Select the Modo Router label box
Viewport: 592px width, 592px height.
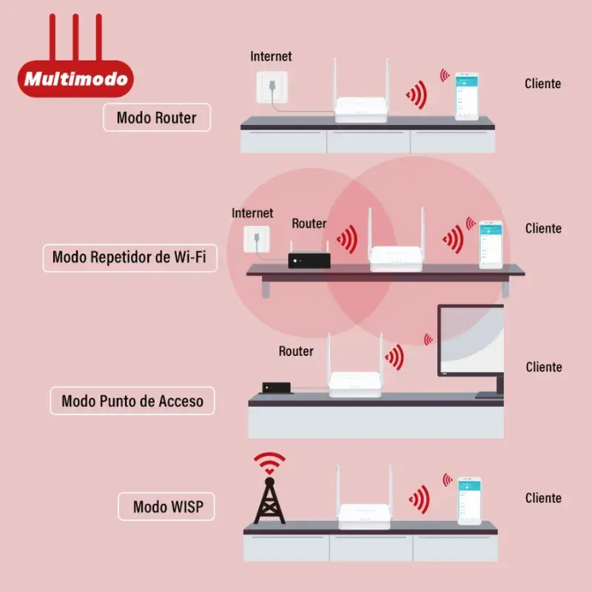coord(157,118)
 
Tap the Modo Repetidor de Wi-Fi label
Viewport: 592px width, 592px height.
coord(130,258)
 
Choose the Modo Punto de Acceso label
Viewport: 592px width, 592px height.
coord(132,400)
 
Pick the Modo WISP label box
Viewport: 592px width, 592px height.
coord(166,506)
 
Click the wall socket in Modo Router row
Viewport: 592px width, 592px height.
coord(272,87)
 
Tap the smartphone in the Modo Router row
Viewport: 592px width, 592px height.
coord(467,96)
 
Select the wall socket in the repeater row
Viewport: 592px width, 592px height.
coord(257,239)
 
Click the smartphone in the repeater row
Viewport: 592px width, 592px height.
coord(491,245)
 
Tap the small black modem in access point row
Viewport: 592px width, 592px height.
coord(276,388)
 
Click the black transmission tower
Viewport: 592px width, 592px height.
coord(269,501)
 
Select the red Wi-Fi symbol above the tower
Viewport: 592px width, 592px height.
coord(269,463)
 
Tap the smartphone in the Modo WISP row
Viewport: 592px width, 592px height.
coord(470,501)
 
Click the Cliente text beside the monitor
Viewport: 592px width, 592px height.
coord(544,367)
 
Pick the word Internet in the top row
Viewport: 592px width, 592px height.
coord(271,57)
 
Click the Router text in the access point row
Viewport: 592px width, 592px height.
coord(296,351)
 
